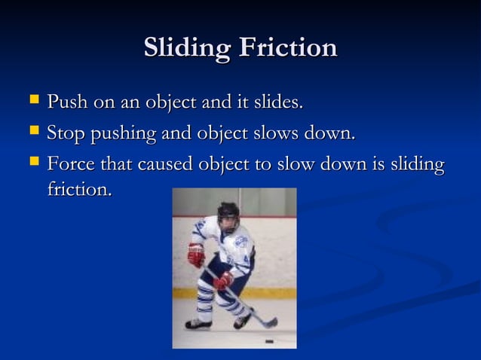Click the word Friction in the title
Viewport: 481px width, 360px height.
click(288, 47)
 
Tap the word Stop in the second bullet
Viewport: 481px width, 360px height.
click(66, 134)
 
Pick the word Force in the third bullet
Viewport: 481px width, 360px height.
click(70, 163)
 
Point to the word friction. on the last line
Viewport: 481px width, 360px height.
click(79, 190)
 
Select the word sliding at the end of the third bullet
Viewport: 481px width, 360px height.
click(418, 163)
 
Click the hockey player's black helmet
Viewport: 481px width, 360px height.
click(228, 211)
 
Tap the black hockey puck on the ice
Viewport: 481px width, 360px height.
click(269, 341)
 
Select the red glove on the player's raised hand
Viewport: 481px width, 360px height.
click(196, 254)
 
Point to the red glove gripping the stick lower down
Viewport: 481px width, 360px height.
click(223, 281)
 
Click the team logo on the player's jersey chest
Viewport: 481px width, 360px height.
click(240, 242)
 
